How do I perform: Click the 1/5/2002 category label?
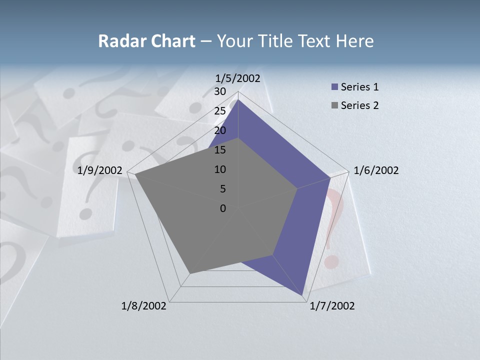coord(237,78)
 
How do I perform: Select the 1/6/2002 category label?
coord(376,170)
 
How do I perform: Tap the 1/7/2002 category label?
coord(332,306)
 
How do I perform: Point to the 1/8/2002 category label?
coord(144,306)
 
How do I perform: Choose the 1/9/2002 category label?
coord(100,170)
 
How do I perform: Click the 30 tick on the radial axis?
coord(220,91)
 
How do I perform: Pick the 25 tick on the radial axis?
coord(220,111)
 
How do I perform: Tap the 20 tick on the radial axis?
coord(220,130)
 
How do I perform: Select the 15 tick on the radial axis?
coord(220,150)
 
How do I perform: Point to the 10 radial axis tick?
coord(220,169)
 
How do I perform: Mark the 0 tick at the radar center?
coord(223,208)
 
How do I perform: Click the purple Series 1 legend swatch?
coord(334,87)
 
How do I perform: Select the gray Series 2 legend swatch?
coord(334,105)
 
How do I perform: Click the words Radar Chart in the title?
coord(146,41)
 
